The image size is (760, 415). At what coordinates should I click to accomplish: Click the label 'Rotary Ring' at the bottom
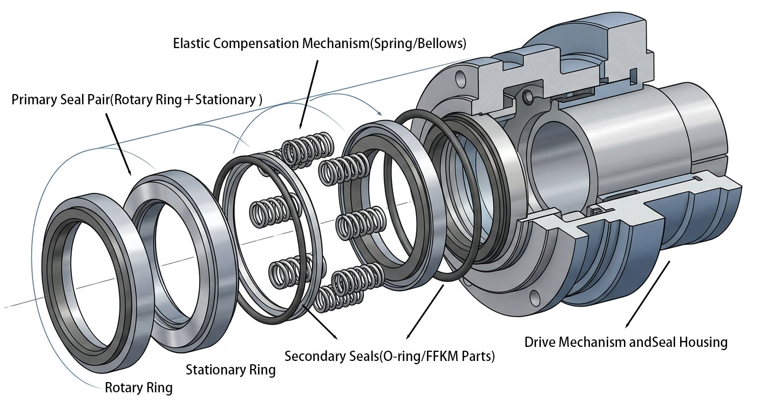(x=138, y=388)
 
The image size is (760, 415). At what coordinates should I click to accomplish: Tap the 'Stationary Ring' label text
(x=230, y=370)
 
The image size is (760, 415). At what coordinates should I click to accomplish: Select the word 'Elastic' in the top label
(x=192, y=44)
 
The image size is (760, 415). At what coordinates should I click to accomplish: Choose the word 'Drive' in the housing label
(x=540, y=342)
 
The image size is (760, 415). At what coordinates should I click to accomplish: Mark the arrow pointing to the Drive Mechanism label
(x=647, y=295)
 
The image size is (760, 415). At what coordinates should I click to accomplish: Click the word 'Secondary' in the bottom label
(x=313, y=357)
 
